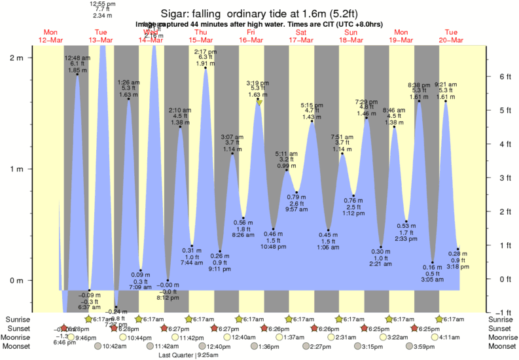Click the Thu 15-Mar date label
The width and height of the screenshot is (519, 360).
click(201, 36)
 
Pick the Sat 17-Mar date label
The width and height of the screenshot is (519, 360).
click(301, 36)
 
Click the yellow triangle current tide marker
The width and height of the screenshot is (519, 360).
click(260, 103)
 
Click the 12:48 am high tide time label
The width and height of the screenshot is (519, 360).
click(77, 58)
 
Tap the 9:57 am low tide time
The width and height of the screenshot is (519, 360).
click(296, 209)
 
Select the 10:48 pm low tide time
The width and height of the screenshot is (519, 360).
click(273, 246)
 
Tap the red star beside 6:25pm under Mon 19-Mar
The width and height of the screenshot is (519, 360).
click(414, 328)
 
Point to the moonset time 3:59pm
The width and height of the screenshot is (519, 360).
click(422, 346)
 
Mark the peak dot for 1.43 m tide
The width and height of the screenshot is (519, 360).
click(312, 121)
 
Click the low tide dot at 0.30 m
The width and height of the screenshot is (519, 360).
click(381, 247)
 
